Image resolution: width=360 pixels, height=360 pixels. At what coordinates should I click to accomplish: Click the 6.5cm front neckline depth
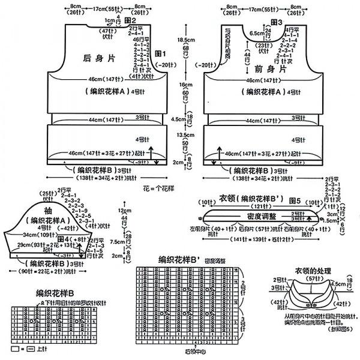tap(256, 34)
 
